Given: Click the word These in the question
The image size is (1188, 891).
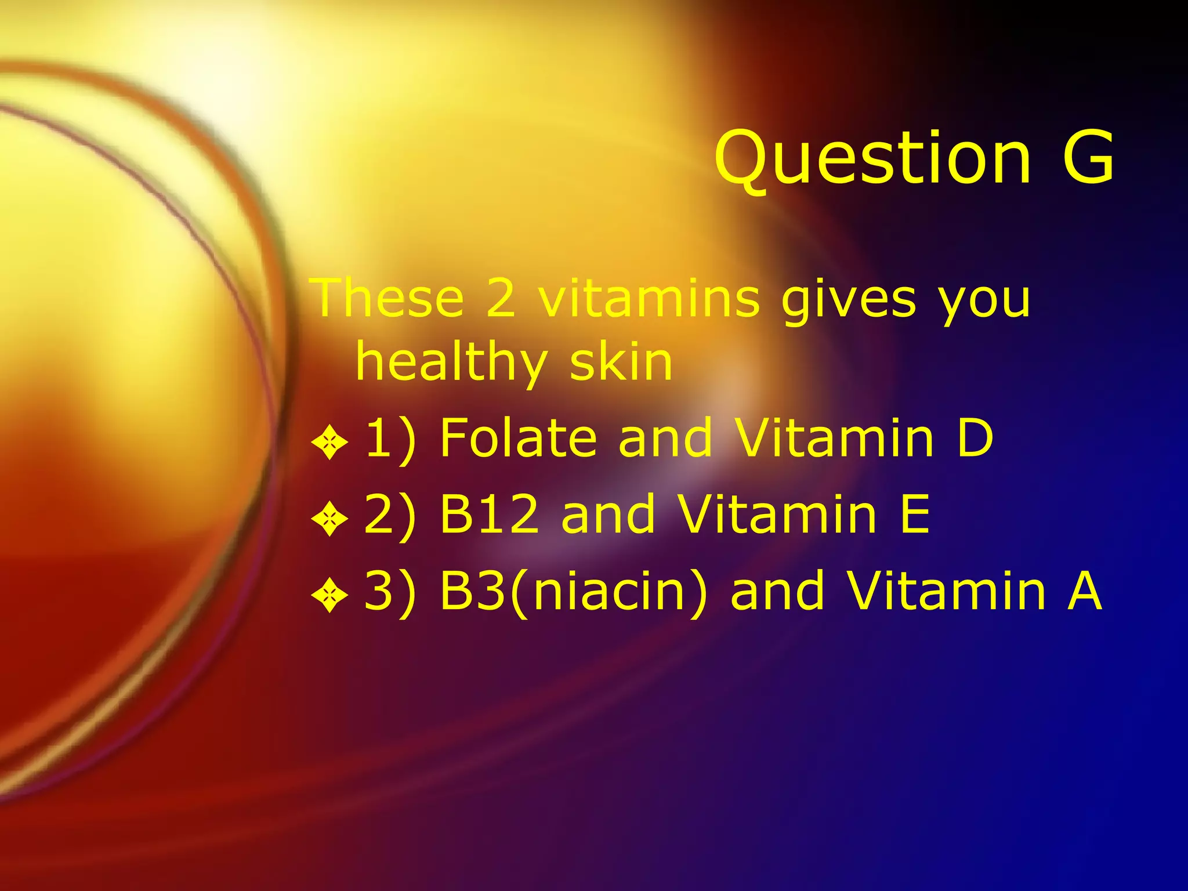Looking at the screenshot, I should (388, 298).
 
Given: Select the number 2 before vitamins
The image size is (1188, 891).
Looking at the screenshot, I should (500, 298).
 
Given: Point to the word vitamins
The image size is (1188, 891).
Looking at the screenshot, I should (649, 298).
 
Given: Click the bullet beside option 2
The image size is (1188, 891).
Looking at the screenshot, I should (329, 519).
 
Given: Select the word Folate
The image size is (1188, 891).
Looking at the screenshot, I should (518, 438).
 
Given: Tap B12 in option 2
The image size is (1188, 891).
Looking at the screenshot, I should (490, 514).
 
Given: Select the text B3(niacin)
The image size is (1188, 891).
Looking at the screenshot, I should (573, 592).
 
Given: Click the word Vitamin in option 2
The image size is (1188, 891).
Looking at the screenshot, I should (777, 514).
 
